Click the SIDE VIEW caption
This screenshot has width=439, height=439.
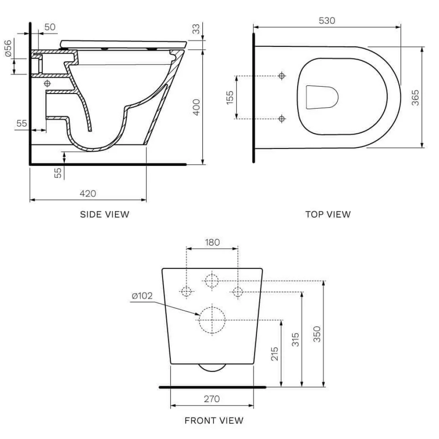tap(104, 214)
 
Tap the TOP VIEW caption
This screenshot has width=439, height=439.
tap(328, 214)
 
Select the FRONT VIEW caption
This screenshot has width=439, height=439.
tap(214, 421)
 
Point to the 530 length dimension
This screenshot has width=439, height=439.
tap(327, 21)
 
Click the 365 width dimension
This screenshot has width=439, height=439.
tap(415, 97)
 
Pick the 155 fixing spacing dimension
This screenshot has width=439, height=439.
tap(230, 97)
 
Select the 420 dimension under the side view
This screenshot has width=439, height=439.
tap(88, 193)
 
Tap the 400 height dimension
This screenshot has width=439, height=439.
tap(196, 107)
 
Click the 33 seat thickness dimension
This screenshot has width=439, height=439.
tap(195, 29)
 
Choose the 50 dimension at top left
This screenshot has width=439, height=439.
tap(50, 27)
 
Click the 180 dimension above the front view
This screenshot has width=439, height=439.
tap(212, 242)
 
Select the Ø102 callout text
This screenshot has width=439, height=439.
tap(142, 296)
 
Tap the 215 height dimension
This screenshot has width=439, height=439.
tap(275, 353)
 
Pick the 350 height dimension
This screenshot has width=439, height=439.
tap(316, 334)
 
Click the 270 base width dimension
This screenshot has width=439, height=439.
tap(212, 399)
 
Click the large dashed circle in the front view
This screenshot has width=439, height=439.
tap(212, 320)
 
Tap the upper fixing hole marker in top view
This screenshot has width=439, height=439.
tap(282, 76)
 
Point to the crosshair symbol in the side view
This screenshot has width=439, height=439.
tap(47, 82)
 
